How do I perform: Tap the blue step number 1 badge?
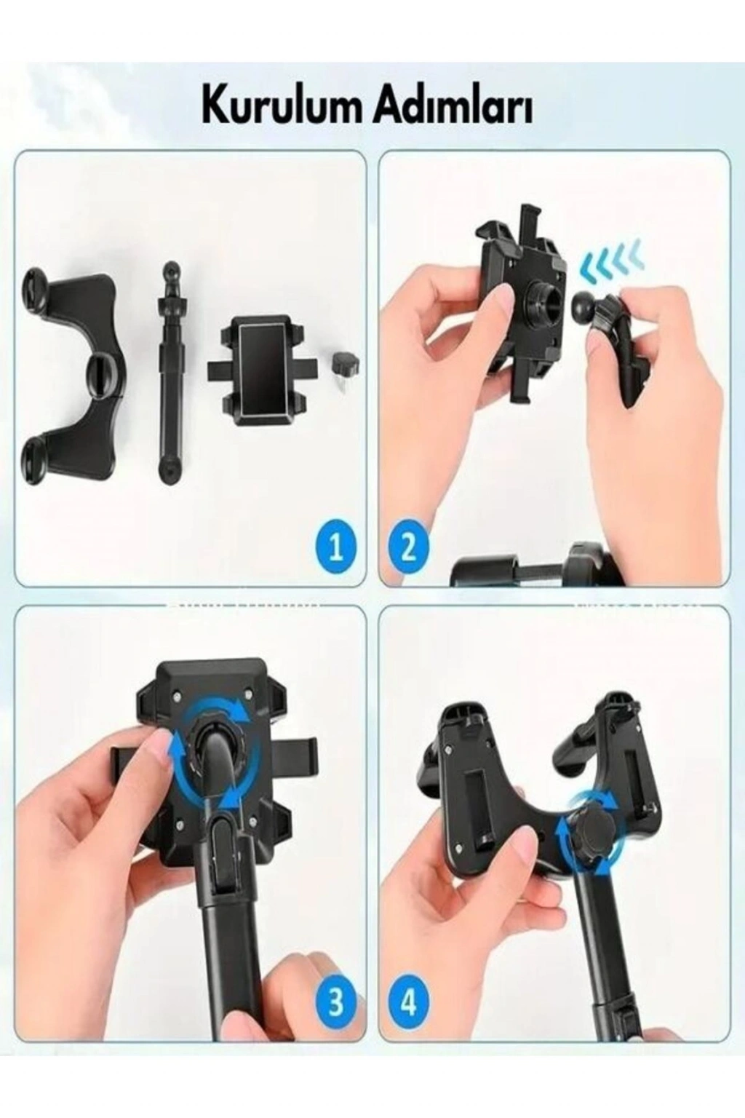click(336, 549)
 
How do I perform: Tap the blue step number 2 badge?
click(407, 549)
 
